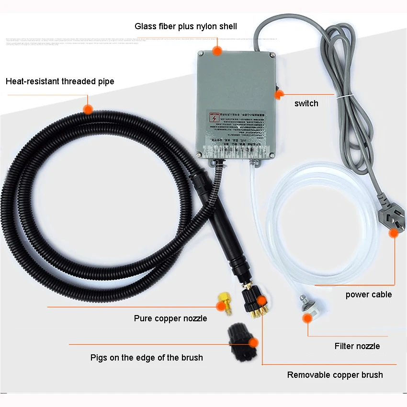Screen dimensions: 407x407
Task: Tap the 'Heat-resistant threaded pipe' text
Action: point(60,81)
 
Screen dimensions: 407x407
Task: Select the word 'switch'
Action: point(306,103)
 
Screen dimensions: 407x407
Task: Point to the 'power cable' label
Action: point(369,294)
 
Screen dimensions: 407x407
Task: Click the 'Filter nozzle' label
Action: point(357,346)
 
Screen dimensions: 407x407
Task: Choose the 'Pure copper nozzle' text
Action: point(170,318)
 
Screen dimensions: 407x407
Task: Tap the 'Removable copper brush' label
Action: point(335,375)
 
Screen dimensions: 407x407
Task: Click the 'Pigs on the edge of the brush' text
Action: point(147,358)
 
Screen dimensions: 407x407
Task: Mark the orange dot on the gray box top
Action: point(218,50)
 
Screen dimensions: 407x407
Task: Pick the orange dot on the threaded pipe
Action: point(88,109)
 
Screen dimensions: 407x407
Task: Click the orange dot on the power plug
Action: point(394,233)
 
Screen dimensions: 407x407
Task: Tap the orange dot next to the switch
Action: point(278,95)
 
